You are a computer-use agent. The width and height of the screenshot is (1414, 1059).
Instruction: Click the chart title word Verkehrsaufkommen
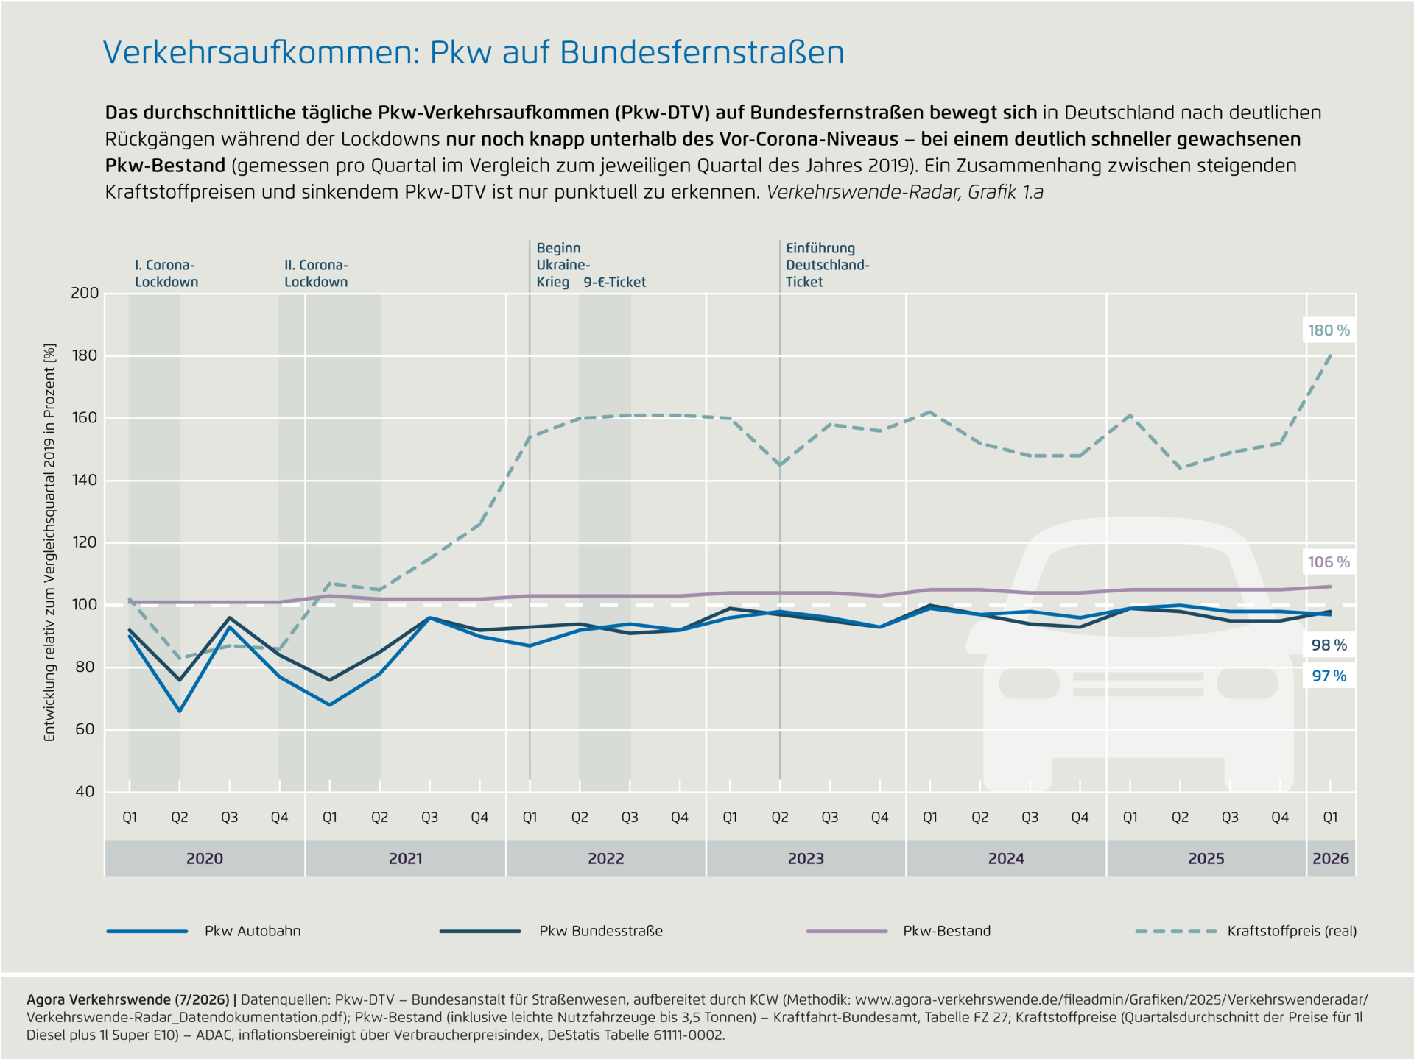point(261,52)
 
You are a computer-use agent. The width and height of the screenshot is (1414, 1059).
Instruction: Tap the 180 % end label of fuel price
point(1329,330)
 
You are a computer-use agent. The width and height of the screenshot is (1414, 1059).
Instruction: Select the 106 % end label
point(1329,562)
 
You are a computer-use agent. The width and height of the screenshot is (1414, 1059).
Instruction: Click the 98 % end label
point(1329,645)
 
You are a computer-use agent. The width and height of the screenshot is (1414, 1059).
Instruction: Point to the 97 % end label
point(1329,676)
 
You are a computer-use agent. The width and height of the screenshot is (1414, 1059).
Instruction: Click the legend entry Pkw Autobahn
point(204,931)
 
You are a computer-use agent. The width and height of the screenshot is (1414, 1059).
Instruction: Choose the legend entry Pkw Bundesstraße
point(551,931)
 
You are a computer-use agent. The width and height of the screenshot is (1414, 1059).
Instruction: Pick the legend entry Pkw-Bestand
point(898,931)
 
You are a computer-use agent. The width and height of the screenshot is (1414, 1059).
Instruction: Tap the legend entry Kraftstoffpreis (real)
point(1246,931)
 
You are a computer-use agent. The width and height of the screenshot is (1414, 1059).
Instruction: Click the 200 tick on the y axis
point(85,293)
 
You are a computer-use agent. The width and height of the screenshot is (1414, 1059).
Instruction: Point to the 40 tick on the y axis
point(85,792)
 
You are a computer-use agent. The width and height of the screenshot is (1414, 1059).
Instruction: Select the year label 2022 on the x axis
point(606,859)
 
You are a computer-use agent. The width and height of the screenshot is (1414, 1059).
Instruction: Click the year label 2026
point(1331,859)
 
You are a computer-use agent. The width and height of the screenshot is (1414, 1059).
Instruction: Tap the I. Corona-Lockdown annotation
point(166,274)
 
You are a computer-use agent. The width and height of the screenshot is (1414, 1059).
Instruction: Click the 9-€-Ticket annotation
point(614,282)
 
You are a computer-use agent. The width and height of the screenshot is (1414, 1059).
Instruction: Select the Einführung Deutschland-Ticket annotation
point(828,265)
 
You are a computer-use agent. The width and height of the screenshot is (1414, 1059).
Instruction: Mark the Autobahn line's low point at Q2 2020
point(179,711)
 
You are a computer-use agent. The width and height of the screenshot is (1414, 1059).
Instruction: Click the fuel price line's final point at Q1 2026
point(1331,355)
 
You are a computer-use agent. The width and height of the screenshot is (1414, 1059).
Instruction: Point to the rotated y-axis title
point(50,542)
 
